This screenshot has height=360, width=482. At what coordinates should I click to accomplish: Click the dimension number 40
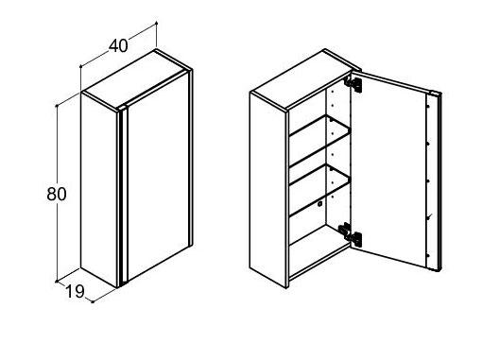point(118,46)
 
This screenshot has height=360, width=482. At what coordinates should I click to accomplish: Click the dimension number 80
point(57,194)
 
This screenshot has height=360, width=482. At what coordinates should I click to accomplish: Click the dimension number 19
point(76,291)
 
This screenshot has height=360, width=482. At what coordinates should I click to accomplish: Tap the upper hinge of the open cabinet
point(353,83)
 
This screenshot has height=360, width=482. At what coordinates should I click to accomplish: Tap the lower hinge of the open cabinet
point(350,232)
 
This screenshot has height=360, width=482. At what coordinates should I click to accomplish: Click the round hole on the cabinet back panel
point(319,204)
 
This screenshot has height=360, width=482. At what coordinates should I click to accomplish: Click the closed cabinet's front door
point(159,177)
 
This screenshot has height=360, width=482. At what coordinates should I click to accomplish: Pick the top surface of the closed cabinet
point(134,78)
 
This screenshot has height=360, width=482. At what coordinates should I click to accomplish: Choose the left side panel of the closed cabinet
point(99,189)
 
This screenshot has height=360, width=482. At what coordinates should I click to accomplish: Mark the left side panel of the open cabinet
point(268,189)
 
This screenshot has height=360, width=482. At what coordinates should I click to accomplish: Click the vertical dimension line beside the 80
point(57,194)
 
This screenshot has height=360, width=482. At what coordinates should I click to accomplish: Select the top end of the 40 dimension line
point(156,23)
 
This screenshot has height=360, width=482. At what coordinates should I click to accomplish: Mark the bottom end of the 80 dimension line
point(57,281)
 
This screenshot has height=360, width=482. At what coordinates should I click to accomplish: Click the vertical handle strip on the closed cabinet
point(124,197)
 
